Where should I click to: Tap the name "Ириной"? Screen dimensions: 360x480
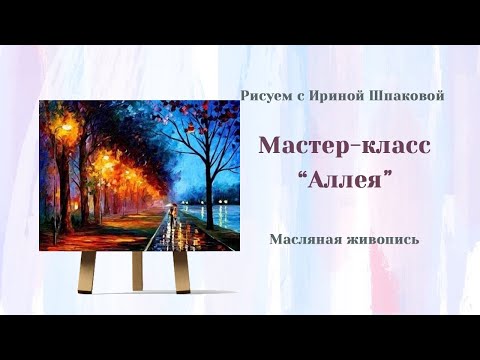coord(335,95)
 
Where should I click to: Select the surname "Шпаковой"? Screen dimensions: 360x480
coord(404,95)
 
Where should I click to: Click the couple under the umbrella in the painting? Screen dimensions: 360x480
coord(171,212)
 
